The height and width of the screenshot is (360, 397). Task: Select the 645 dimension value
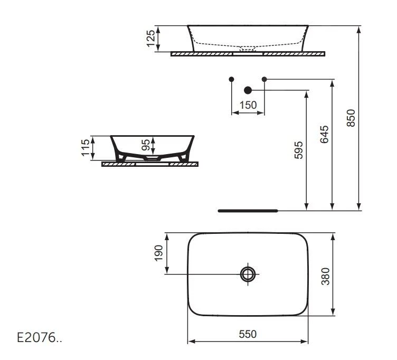pos(325,135)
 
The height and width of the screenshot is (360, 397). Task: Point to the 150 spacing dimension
pos(248,105)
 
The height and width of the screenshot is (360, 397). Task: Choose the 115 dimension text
pos(85,148)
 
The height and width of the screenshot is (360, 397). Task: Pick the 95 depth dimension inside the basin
pos(147,146)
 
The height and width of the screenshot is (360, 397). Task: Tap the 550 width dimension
pos(248,334)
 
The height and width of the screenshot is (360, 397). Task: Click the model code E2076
pos(40,337)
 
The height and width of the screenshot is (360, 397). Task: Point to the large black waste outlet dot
pos(248,90)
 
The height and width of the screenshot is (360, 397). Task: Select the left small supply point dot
pos(231,79)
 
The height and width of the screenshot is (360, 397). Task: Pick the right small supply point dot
pos(264,79)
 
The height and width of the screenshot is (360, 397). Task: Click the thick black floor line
pos(248,210)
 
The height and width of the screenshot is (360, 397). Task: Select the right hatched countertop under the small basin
pos(183,164)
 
